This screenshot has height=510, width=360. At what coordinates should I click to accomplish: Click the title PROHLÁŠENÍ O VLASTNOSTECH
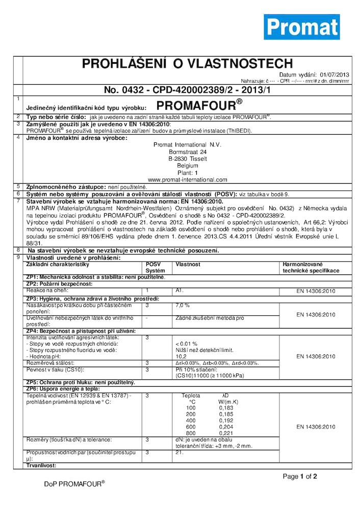[x=187, y=64]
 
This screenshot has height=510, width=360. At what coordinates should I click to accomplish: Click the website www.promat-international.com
[x=187, y=180]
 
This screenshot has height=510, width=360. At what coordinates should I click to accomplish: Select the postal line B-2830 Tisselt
[x=187, y=159]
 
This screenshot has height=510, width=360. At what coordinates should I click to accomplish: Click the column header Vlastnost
[x=185, y=264]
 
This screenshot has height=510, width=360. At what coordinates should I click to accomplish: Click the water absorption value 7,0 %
[x=183, y=305]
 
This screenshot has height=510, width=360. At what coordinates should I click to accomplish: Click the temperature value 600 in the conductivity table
[x=191, y=426]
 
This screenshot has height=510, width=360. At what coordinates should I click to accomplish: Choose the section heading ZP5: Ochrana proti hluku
[x=80, y=382]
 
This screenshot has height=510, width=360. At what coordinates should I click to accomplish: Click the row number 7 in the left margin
[x=18, y=200]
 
